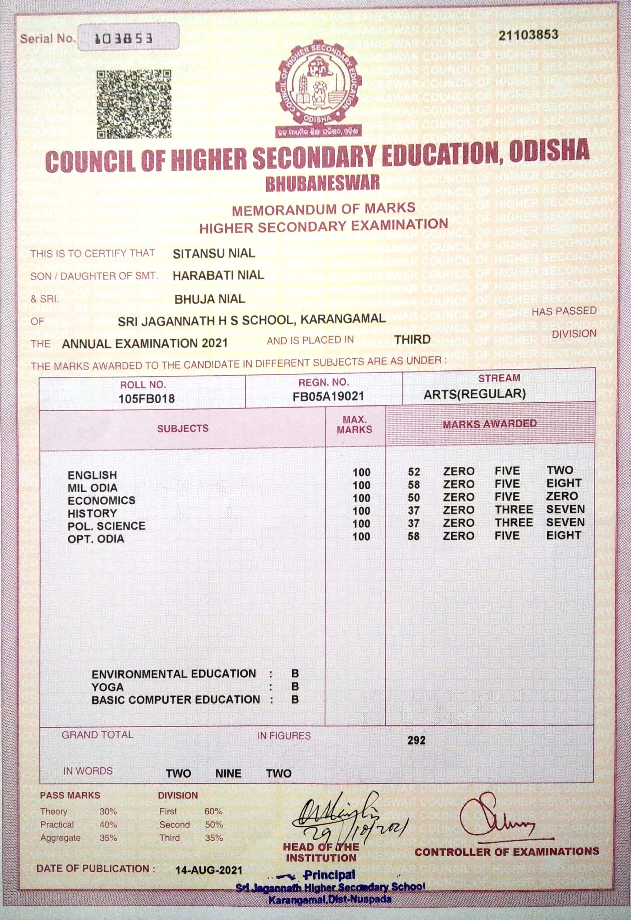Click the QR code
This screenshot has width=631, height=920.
tap(134, 104)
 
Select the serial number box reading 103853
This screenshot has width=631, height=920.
tap(128, 37)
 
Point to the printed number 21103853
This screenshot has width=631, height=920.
tap(528, 35)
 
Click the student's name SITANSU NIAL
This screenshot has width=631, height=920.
tap(214, 253)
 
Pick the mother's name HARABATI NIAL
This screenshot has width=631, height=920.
tap(218, 275)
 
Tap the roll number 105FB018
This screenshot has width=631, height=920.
tap(146, 398)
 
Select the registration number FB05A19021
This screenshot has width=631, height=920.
tap(328, 396)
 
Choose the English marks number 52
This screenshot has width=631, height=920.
tap(414, 472)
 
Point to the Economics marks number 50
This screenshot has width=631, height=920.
tap(414, 498)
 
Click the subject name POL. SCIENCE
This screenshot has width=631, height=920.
tap(107, 526)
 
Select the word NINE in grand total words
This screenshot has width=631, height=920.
tap(228, 774)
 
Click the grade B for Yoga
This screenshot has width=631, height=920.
tap(295, 686)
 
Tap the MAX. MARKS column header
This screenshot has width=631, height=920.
tap(354, 424)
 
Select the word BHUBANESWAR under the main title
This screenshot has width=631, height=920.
tap(322, 183)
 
